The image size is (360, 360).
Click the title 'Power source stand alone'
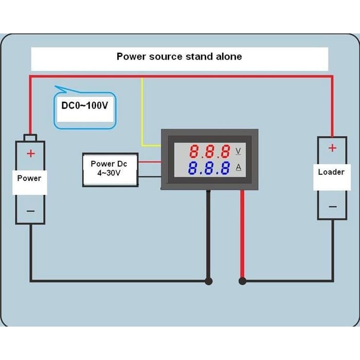(179, 57)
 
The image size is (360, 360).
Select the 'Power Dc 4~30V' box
(110, 169)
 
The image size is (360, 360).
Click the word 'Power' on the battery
(29, 178)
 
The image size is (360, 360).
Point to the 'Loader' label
(331, 172)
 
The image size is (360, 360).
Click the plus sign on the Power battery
(30, 153)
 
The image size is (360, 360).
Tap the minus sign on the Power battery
(30, 211)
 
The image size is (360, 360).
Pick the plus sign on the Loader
(332, 148)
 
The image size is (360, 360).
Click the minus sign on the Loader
(333, 207)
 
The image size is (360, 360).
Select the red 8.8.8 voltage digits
(209, 152)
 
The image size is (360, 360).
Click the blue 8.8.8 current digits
(209, 168)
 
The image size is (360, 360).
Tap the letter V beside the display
(238, 151)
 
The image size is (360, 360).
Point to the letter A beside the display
(238, 167)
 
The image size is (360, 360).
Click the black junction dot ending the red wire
(243, 281)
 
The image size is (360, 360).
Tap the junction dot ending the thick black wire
(208, 281)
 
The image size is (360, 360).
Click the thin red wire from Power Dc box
(150, 163)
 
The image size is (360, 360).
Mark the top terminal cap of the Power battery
(30, 137)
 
